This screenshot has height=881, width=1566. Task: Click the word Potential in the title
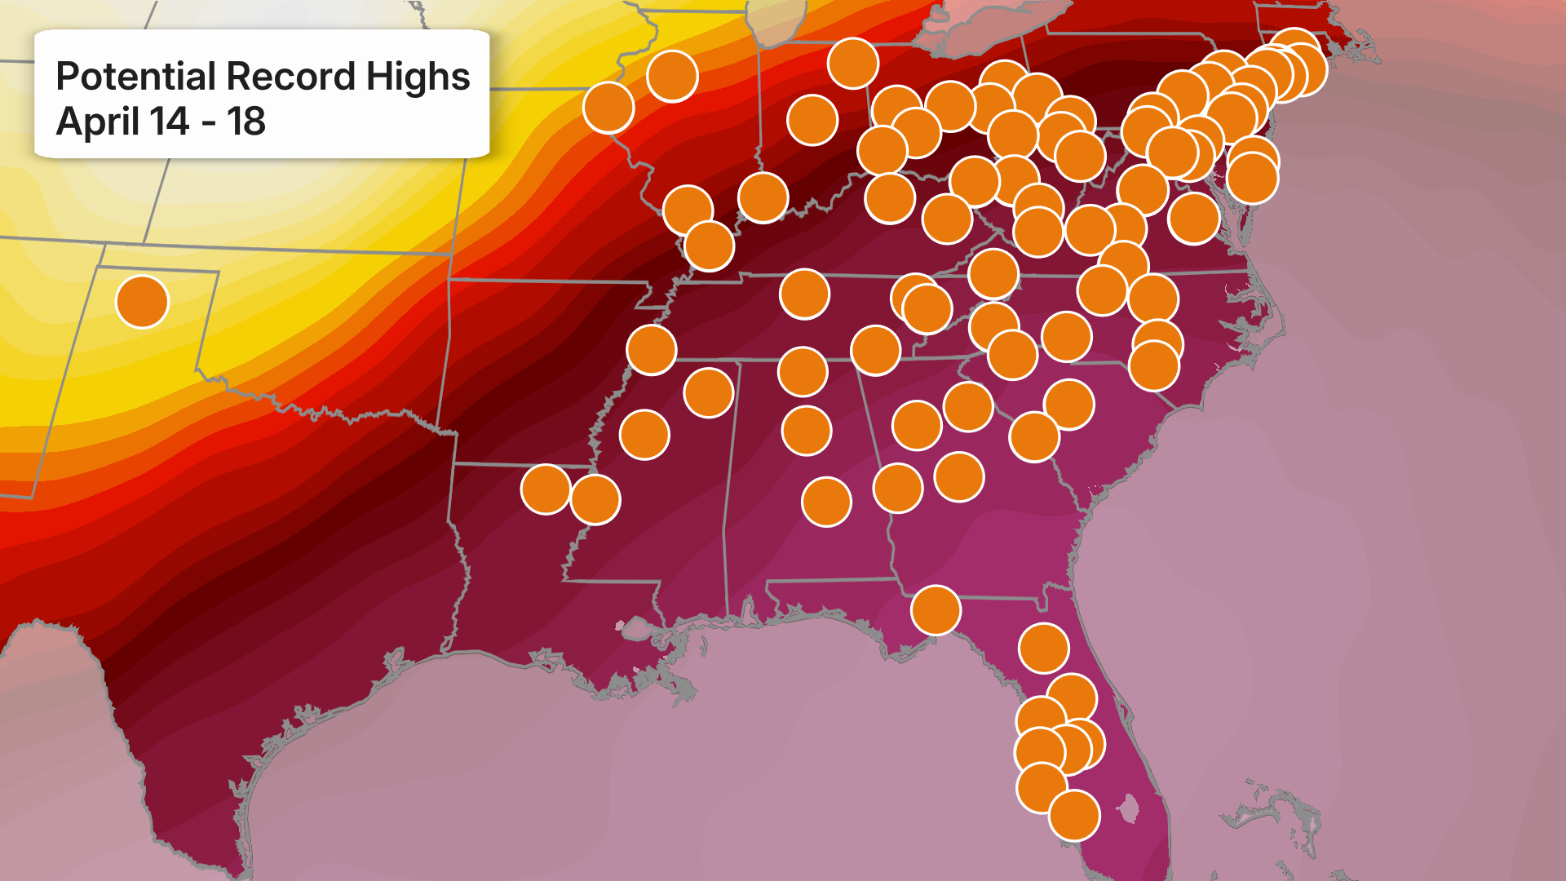(x=137, y=77)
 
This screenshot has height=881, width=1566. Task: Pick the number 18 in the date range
(x=246, y=122)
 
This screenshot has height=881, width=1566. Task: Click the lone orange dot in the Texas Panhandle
(x=142, y=301)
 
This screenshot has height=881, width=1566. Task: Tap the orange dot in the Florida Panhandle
(x=936, y=610)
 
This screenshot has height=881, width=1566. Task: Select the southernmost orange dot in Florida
(x=1074, y=815)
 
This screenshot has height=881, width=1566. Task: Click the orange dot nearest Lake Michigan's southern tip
(x=852, y=63)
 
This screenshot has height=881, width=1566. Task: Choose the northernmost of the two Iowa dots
(x=672, y=76)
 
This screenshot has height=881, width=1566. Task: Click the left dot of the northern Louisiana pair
(x=546, y=489)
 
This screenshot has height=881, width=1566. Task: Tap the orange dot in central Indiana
(x=812, y=120)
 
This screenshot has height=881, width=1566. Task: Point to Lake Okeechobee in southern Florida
(x=1127, y=809)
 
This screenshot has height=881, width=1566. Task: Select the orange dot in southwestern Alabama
(x=826, y=502)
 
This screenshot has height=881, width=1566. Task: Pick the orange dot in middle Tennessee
(x=804, y=294)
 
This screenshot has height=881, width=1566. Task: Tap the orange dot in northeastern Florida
(x=1043, y=649)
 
